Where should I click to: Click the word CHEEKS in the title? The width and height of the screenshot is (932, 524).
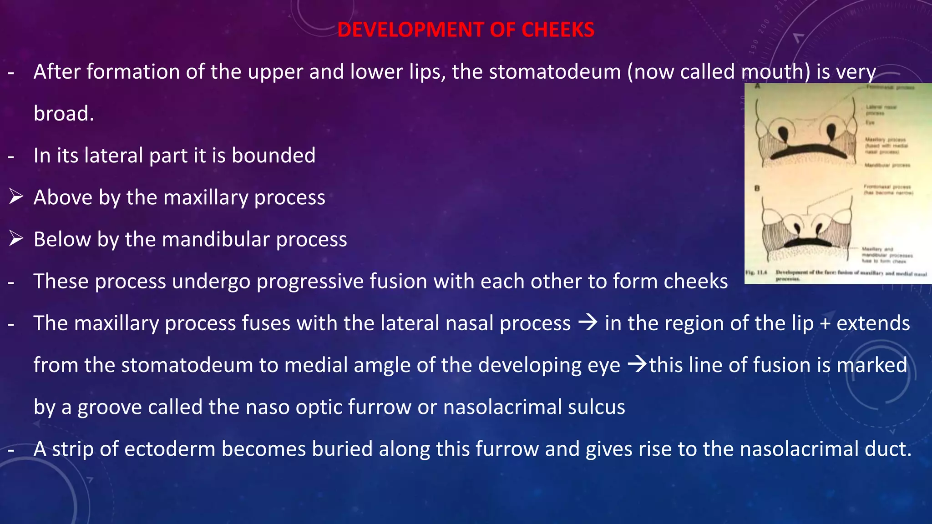tap(557, 30)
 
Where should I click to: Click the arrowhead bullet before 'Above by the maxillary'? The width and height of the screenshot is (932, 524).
tap(16, 197)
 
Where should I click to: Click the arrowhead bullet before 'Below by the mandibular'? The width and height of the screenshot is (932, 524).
tap(16, 238)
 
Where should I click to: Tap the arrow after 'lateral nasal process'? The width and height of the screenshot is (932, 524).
tap(588, 323)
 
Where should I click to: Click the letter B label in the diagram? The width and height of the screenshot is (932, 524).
tap(757, 188)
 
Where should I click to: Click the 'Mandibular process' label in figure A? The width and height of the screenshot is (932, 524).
tap(887, 165)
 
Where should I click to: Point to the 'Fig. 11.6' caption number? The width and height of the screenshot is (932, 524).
tap(756, 272)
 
